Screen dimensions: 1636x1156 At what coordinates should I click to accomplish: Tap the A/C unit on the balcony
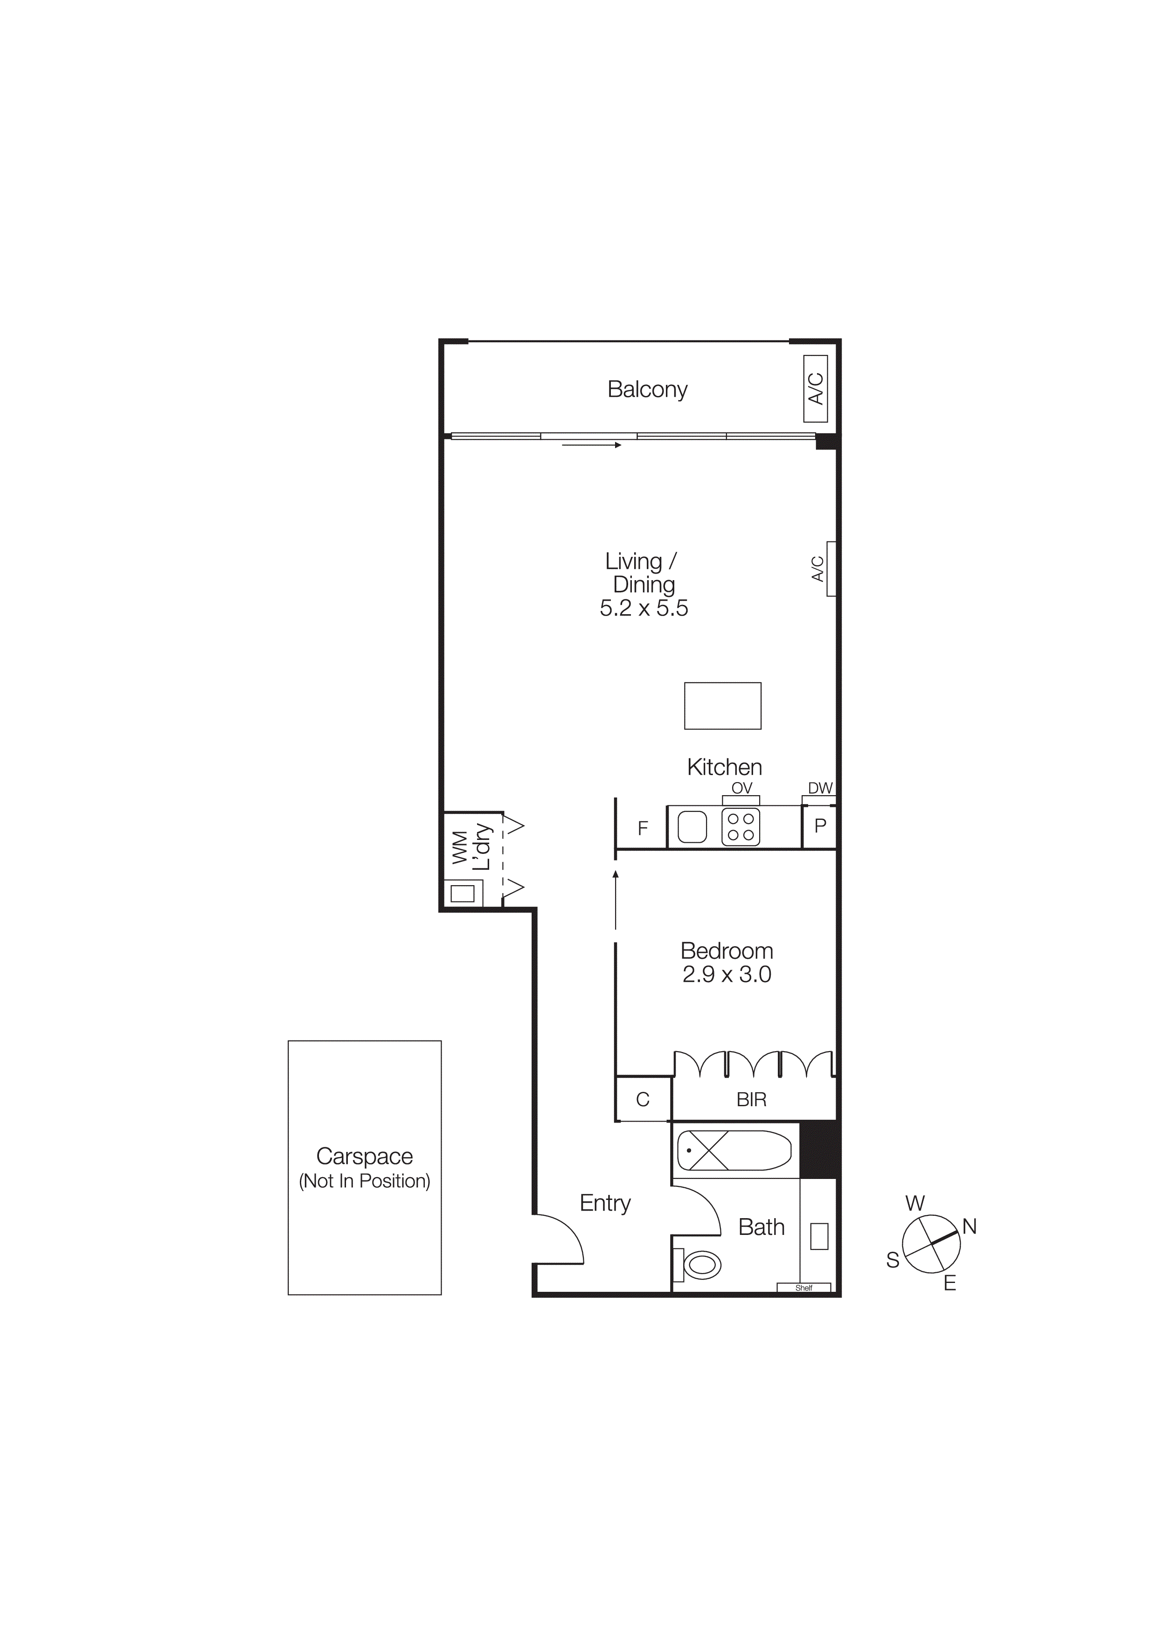(x=816, y=389)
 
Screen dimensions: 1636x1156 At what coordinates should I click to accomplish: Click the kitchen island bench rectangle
(x=722, y=706)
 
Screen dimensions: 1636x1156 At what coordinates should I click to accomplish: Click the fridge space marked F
(x=643, y=828)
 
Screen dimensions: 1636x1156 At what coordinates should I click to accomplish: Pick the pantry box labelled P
(x=820, y=826)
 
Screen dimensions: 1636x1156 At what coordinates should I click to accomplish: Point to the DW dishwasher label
(x=820, y=788)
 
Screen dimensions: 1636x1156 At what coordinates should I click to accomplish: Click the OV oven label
(x=741, y=788)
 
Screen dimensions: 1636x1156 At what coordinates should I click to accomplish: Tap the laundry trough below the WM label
(x=463, y=893)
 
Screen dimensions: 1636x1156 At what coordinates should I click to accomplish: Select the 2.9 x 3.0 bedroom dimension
(x=727, y=974)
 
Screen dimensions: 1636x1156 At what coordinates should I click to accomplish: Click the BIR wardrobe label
(x=751, y=1100)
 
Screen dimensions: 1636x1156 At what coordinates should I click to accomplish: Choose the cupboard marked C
(x=643, y=1100)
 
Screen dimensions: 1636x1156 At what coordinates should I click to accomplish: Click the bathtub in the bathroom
(x=734, y=1150)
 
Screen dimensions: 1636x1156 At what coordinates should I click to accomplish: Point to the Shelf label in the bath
(x=803, y=1288)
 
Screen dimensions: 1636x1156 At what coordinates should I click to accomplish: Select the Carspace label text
(x=364, y=1156)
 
